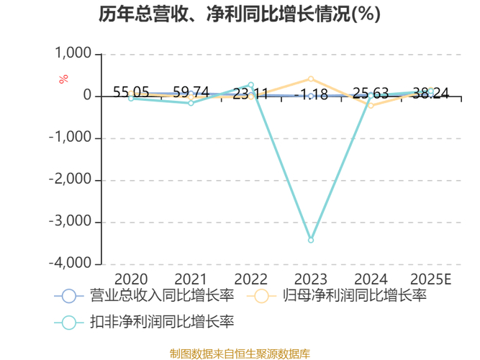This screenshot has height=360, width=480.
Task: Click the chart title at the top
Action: tap(240, 14)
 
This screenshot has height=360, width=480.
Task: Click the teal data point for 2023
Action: tap(311, 240)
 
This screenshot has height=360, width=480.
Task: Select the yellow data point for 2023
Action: tap(311, 78)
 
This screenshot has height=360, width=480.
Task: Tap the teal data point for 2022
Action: tap(251, 85)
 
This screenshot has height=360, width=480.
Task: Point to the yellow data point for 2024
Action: tap(371, 105)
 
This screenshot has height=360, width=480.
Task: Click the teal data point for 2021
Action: tap(191, 103)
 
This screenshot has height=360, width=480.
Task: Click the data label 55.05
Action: tap(131, 92)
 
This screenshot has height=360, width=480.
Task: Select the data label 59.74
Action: tap(191, 92)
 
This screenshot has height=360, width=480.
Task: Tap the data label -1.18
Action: tap(311, 94)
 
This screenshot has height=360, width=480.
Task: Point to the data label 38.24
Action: tap(430, 94)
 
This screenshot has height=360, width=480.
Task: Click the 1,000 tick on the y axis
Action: tap(73, 53)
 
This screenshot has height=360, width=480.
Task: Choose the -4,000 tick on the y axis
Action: tap(70, 264)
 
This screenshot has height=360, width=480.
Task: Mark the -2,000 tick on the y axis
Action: tap(70, 180)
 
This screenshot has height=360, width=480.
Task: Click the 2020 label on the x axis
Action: tap(131, 279)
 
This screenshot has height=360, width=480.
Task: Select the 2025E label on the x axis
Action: tap(430, 279)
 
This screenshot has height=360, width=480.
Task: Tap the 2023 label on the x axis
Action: tap(311, 279)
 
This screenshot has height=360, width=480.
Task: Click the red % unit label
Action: tap(63, 78)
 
